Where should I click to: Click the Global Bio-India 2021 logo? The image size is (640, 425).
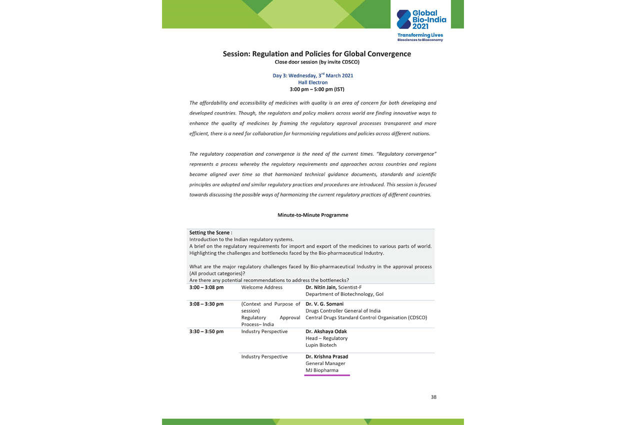tap(421, 20)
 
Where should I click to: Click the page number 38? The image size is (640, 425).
tap(433, 397)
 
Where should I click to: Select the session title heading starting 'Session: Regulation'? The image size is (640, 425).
tap(316, 54)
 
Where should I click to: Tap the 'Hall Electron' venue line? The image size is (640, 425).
tap(313, 82)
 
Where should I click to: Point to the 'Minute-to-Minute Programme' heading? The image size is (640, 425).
tap(312, 215)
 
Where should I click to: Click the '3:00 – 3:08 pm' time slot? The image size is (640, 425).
tap(206, 288)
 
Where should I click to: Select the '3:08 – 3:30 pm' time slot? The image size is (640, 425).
tap(206, 304)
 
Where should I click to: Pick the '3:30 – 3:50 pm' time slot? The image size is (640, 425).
tap(206, 331)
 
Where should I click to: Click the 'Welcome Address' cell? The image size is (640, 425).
tap(261, 288)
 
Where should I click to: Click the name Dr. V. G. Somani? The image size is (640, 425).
tap(324, 304)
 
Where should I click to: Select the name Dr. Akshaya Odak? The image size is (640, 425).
tap(326, 331)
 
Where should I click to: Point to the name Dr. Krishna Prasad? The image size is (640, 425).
tap(326, 357)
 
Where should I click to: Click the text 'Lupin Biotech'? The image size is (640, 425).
tap(321, 345)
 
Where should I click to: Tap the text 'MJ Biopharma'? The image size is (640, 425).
tap(321, 370)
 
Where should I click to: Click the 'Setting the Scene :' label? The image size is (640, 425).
tap(210, 233)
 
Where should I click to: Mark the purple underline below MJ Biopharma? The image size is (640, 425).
tap(327, 375)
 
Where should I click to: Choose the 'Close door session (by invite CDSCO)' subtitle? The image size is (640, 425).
tap(317, 62)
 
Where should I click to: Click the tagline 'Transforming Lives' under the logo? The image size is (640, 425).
tap(420, 35)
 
